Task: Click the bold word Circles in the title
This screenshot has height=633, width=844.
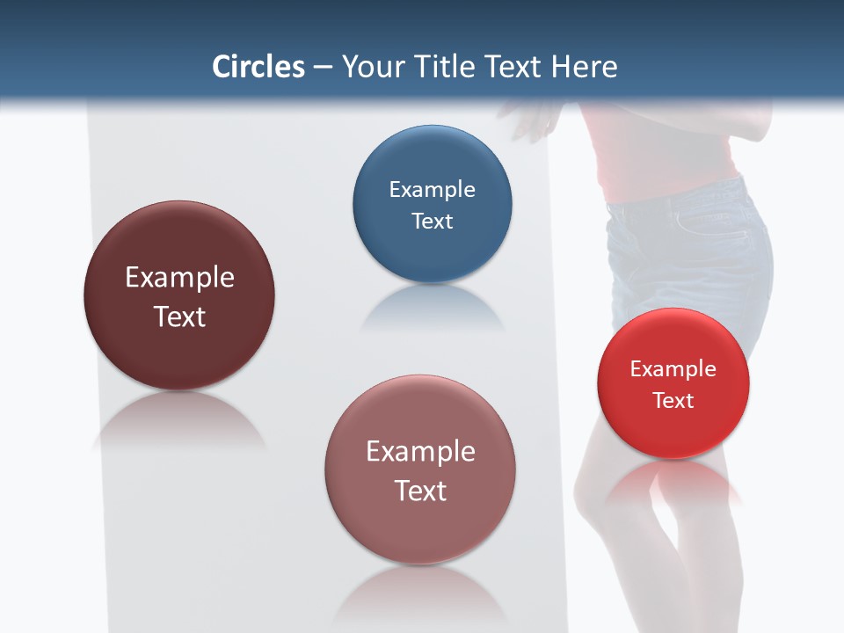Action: [258, 67]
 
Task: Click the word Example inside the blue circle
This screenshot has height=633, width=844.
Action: [432, 190]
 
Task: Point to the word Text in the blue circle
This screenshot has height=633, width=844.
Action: [432, 221]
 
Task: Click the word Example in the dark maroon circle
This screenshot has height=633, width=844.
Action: [179, 278]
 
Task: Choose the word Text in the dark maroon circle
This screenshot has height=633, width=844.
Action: [179, 316]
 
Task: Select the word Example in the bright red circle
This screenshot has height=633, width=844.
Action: [673, 369]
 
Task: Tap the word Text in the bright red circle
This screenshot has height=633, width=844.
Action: [673, 401]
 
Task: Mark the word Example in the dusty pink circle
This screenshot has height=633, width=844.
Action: [420, 452]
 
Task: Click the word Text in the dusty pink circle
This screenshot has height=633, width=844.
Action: [420, 491]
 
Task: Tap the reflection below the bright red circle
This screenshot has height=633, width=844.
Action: [673, 479]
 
